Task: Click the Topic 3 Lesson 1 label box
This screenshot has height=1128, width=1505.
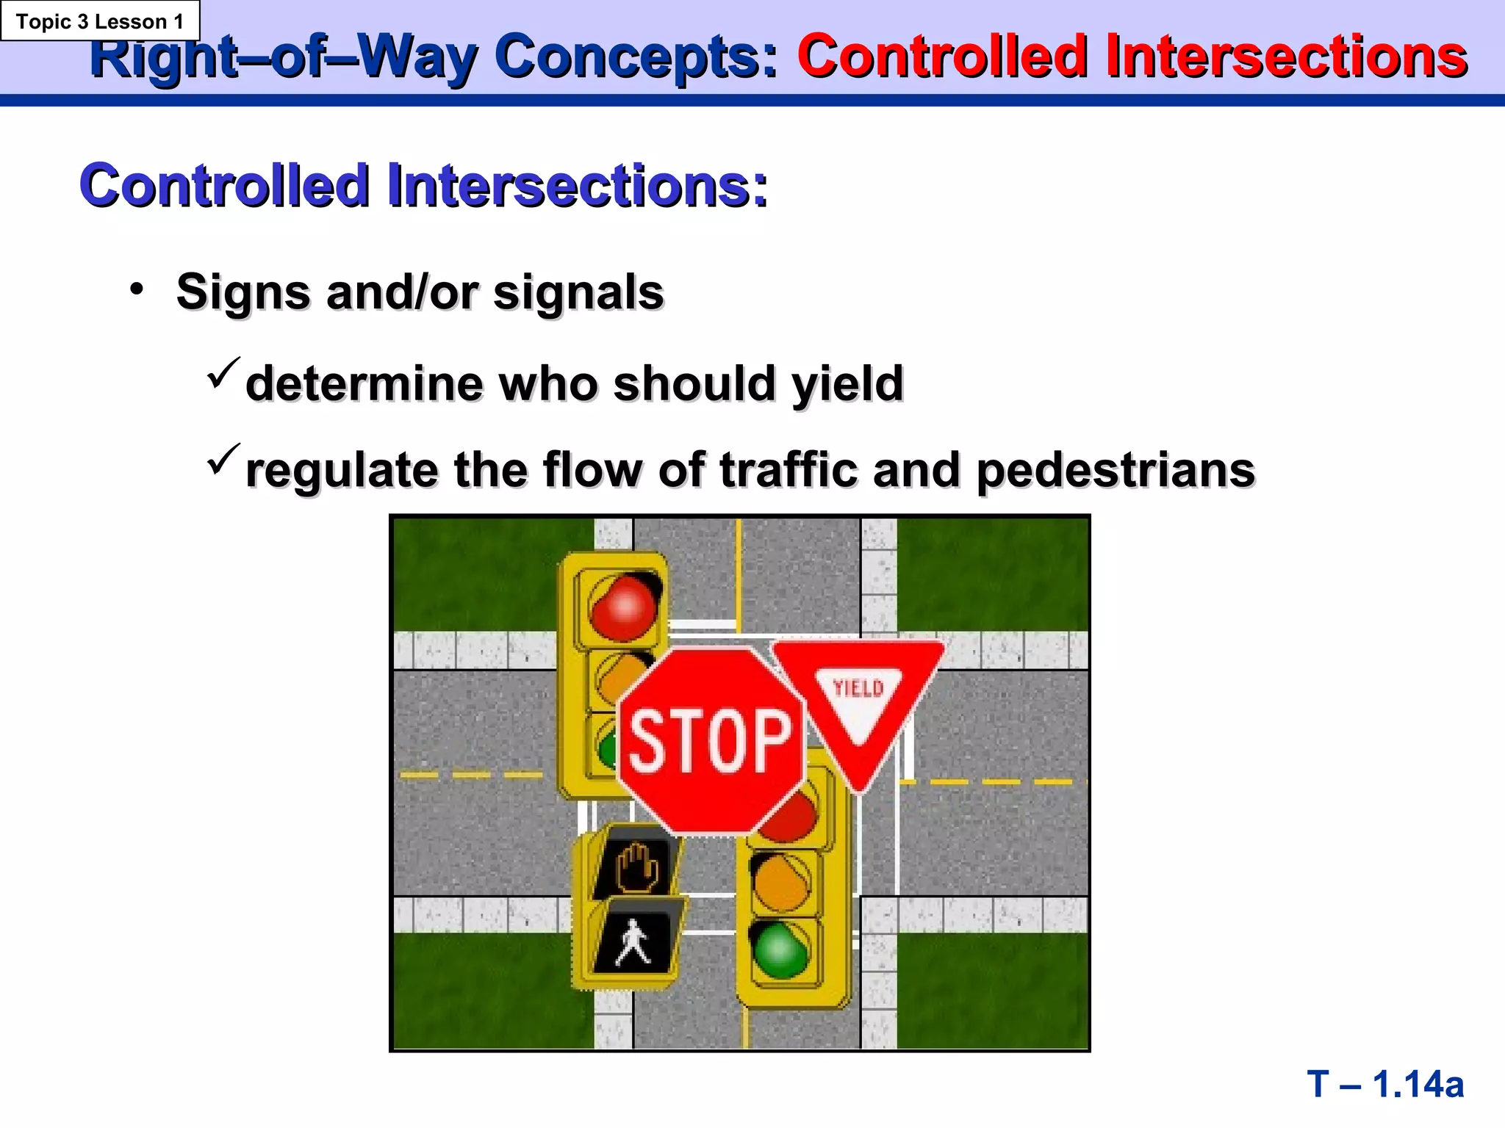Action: pos(100,21)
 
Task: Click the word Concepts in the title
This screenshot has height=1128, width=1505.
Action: pos(636,57)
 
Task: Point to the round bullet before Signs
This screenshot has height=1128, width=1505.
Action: pos(137,289)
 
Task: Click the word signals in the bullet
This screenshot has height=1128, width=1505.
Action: pos(578,292)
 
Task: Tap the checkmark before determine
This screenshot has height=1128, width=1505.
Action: pos(223,372)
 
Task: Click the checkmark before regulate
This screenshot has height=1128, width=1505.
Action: pos(223,459)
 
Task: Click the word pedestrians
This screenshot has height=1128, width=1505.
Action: pos(1116,470)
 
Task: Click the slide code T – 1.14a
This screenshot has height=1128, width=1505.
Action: pos(1385,1084)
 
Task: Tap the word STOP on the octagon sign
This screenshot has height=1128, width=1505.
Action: pos(710,742)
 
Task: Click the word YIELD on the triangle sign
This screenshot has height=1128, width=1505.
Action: pos(858,688)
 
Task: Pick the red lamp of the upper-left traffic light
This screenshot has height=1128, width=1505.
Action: pos(623,607)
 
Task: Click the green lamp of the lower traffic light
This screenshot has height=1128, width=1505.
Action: pos(779,950)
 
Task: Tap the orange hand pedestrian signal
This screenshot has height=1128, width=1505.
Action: pos(636,867)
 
